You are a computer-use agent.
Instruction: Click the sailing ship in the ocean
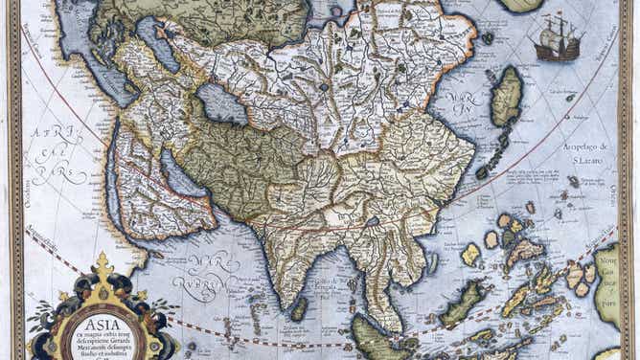(x=559, y=38)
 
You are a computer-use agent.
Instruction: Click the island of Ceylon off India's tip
(x=300, y=308)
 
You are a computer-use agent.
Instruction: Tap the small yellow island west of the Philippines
(x=470, y=254)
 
